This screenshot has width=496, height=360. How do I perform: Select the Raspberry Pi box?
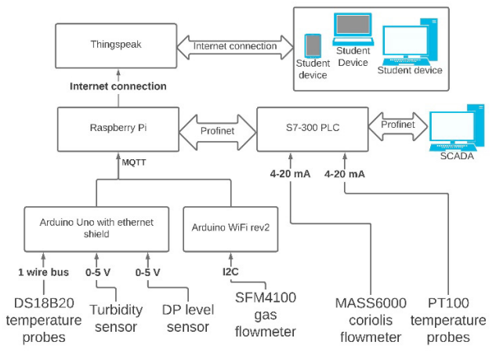[x=118, y=125]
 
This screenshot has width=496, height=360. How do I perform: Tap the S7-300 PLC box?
[x=310, y=125]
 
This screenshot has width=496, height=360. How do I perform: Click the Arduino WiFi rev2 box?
[x=229, y=227]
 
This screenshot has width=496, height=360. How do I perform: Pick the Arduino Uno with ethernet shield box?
[x=96, y=227]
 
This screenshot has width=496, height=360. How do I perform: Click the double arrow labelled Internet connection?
[x=235, y=46]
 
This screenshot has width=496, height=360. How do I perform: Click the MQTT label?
[x=134, y=162]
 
